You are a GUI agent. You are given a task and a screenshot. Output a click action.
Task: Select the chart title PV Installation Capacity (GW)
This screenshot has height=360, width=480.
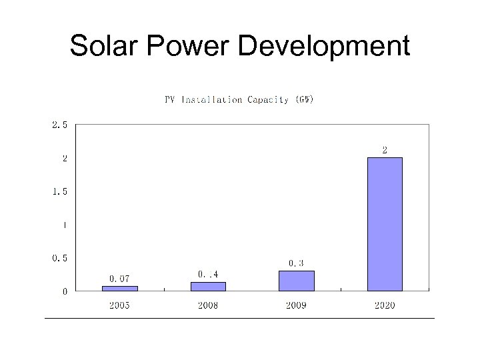[239, 99]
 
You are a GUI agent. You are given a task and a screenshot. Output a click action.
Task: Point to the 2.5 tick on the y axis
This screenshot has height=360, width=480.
[59, 125]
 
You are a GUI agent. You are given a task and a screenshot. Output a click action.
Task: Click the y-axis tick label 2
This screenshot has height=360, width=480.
[65, 158]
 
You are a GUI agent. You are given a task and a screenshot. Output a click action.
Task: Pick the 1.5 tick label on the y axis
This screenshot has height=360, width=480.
[59, 191]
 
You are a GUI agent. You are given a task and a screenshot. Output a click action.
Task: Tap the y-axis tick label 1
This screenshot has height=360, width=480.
[65, 225]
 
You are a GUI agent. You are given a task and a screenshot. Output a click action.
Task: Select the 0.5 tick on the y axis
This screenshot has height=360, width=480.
[59, 258]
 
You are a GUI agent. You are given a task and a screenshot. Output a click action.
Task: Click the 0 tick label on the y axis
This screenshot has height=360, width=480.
[65, 291]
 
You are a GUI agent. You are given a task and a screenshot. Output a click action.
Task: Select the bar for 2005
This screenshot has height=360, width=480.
[120, 288]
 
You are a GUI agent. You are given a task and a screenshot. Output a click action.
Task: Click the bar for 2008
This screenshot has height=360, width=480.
[208, 286]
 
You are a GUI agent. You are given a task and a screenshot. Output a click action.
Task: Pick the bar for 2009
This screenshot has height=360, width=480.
[296, 281]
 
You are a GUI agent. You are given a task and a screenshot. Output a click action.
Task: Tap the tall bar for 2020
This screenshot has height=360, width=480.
[385, 224]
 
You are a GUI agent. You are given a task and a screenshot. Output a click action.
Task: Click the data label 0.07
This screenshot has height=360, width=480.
[119, 278]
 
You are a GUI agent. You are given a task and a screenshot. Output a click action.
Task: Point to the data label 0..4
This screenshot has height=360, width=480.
[209, 274]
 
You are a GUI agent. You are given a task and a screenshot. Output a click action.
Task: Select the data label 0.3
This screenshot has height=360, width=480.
[296, 263]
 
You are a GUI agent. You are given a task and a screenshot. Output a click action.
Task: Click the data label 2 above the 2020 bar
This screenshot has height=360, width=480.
[385, 150]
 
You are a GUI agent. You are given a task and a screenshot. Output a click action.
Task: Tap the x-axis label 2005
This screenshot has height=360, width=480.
[119, 305]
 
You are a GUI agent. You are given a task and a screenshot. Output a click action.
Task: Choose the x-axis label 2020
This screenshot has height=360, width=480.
[385, 305]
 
